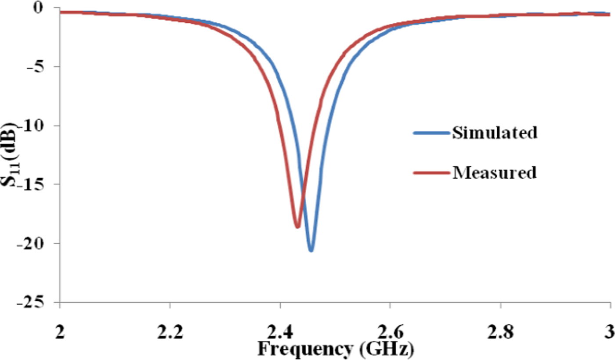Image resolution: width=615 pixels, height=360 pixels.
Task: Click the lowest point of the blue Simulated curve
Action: pyautogui.click(x=311, y=250)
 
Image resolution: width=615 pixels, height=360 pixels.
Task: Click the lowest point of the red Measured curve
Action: pyautogui.click(x=297, y=227)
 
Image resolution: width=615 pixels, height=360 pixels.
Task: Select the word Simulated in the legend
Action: pyautogui.click(x=494, y=132)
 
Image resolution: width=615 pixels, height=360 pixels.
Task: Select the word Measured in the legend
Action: pyautogui.click(x=494, y=172)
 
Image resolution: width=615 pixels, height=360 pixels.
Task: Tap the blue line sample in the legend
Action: pyautogui.click(x=430, y=133)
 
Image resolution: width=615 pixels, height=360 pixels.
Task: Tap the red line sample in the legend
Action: pyautogui.click(x=430, y=173)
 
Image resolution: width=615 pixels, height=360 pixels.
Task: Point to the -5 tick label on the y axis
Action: pyautogui.click(x=39, y=67)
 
